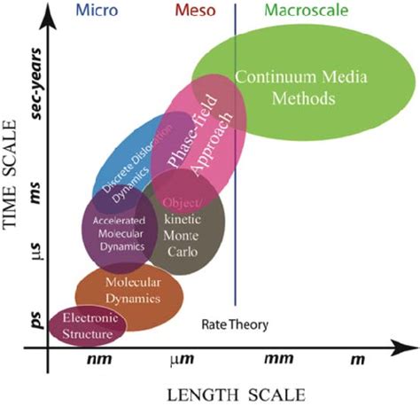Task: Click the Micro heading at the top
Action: (x=97, y=11)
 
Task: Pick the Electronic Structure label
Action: (x=87, y=327)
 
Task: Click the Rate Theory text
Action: (x=235, y=324)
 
